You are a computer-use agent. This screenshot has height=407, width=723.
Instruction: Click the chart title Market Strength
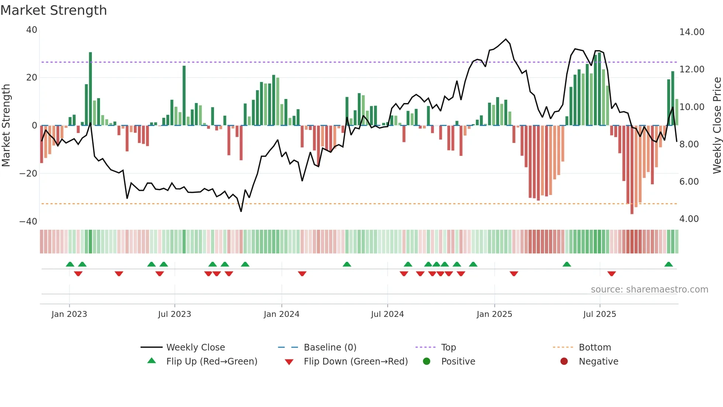tap(53, 10)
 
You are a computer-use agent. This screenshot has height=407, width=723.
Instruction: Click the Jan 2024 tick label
tap(281, 314)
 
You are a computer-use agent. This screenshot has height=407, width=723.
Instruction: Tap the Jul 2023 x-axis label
tap(174, 314)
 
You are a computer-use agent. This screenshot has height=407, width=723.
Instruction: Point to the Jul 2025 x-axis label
tap(599, 314)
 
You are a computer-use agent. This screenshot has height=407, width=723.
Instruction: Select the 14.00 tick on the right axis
tap(692, 32)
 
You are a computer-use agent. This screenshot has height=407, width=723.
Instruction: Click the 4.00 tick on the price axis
tap(689, 219)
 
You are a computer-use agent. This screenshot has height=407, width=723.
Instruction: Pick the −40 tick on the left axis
tap(28, 222)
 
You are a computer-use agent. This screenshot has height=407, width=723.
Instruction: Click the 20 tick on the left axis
tap(32, 78)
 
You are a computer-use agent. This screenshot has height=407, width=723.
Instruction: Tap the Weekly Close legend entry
tap(195, 348)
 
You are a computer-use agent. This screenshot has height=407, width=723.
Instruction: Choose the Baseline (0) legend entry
tap(330, 348)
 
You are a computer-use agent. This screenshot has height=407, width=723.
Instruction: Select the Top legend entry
tap(448, 348)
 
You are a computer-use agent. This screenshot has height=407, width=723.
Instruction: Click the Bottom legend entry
tap(595, 348)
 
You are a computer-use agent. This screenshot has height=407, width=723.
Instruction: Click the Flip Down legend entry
tap(356, 362)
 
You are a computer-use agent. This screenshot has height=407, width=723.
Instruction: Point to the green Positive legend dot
tap(427, 362)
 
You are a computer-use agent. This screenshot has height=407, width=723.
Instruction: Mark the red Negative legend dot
tap(564, 362)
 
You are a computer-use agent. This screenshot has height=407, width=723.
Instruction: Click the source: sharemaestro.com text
tap(649, 290)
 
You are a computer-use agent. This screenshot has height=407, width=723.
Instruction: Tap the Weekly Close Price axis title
tap(717, 126)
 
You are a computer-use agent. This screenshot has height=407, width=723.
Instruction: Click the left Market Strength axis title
tap(6, 126)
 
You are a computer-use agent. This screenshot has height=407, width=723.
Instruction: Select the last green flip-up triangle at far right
tap(668, 264)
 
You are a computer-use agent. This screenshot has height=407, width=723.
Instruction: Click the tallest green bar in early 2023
tap(90, 89)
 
